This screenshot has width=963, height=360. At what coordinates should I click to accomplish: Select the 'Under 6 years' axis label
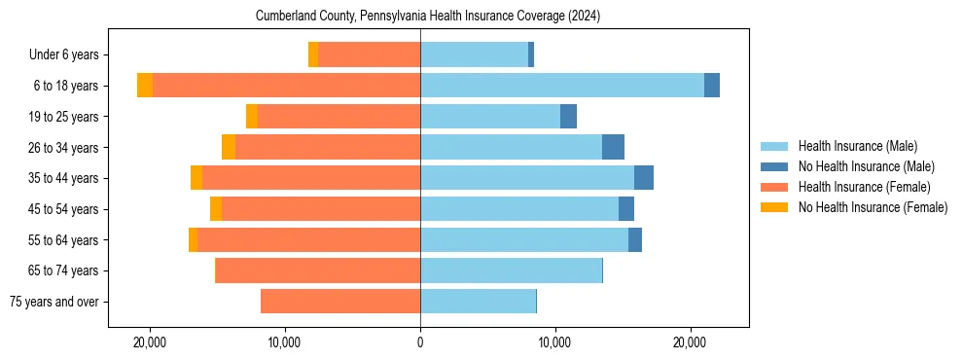point(70,55)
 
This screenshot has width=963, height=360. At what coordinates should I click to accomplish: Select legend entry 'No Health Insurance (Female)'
point(873,207)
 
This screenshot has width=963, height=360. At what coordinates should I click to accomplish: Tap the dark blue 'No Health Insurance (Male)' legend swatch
point(774,166)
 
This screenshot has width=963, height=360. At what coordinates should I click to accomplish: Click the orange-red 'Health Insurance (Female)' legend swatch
point(774,187)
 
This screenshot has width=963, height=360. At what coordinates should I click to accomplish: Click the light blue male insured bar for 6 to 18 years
point(561,86)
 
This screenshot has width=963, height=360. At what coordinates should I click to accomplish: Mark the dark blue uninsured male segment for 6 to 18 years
point(712,86)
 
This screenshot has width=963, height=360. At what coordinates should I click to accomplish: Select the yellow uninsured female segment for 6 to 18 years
point(145,86)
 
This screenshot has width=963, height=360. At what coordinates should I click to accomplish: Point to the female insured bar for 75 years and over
point(340,302)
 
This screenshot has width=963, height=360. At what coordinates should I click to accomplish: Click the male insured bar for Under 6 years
point(474,55)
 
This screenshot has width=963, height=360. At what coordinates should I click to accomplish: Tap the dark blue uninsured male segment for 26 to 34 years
point(613,147)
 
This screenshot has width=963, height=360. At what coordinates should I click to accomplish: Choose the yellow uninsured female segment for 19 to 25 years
point(252,117)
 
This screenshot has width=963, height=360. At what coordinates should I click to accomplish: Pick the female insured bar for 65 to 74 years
point(318,270)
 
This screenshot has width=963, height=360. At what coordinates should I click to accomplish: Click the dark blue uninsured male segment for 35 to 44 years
point(644,178)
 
